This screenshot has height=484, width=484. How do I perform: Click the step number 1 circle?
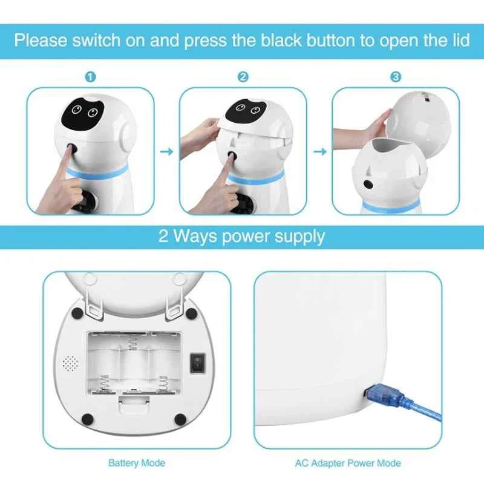90,77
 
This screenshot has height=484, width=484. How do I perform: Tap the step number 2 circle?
243,77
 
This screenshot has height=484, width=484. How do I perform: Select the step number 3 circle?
396,77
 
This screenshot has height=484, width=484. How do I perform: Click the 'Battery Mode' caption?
136,463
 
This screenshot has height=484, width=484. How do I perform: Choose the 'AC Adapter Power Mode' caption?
348,463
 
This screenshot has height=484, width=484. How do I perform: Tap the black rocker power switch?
197,363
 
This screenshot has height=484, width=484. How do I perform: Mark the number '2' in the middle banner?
163,236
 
